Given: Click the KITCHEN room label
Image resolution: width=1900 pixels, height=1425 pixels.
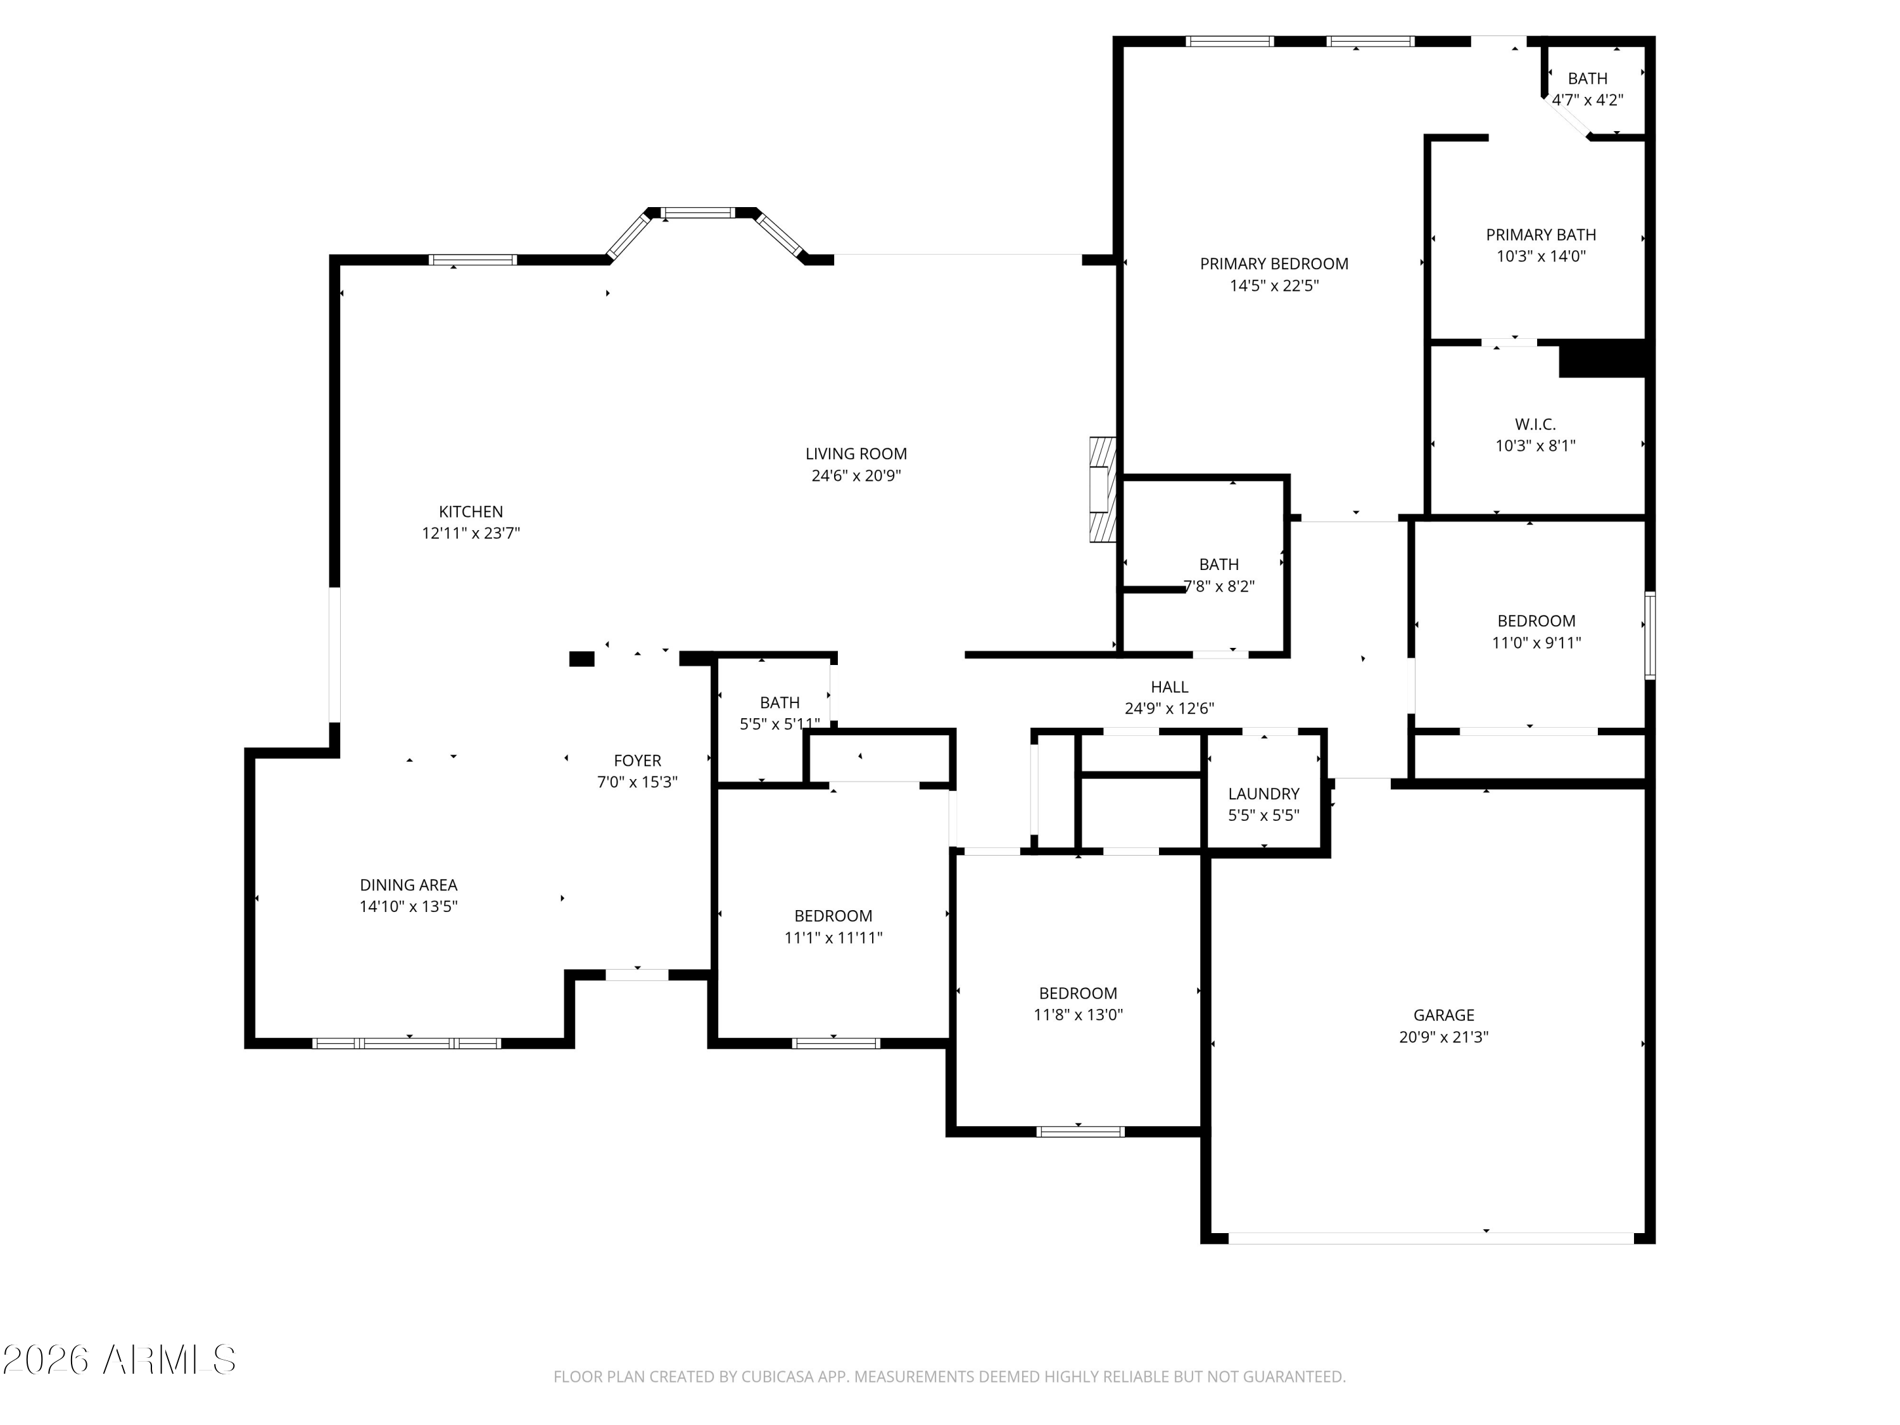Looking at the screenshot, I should click(471, 512).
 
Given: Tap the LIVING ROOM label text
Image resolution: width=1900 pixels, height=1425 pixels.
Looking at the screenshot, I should click(856, 453).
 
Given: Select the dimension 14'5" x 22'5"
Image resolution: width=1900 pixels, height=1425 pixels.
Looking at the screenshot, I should click(1274, 285).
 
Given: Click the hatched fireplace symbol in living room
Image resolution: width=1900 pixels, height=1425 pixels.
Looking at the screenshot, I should click(1102, 490).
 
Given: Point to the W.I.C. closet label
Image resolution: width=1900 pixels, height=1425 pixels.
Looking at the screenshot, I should click(1535, 424).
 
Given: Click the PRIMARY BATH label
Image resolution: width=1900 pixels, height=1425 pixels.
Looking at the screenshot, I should click(1541, 234).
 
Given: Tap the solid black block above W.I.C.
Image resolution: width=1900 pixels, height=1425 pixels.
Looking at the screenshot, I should click(1602, 358).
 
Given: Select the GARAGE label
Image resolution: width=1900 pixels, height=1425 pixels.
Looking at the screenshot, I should click(1443, 1015).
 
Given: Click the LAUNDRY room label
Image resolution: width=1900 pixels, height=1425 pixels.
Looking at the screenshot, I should click(1263, 794).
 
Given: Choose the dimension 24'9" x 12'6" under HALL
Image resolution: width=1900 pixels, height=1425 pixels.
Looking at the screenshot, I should click(1169, 709).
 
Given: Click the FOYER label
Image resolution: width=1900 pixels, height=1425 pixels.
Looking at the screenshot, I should click(637, 760).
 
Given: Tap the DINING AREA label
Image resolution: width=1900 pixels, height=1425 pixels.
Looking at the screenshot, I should click(408, 885).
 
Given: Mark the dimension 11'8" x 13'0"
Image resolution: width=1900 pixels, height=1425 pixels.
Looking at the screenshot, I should click(1077, 1015).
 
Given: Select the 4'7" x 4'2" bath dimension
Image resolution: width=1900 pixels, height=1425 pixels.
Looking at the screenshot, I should click(1586, 99).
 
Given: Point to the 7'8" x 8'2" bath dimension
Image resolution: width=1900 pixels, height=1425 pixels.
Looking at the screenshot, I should click(1219, 586).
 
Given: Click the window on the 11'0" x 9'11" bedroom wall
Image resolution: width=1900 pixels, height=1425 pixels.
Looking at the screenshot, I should click(1649, 636).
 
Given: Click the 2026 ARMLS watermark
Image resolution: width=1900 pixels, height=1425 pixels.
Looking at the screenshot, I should click(120, 1360).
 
